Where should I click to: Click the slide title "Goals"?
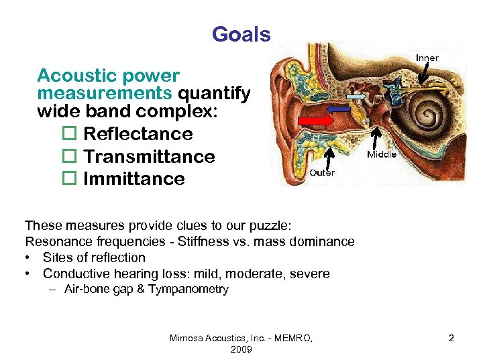[x=241, y=34]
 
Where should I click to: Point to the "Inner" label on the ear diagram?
[x=427, y=58]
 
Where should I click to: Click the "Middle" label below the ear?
[x=381, y=155]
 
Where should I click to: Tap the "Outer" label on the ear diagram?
[x=321, y=172]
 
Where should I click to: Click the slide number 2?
[x=451, y=338]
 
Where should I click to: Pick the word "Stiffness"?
[x=200, y=241]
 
